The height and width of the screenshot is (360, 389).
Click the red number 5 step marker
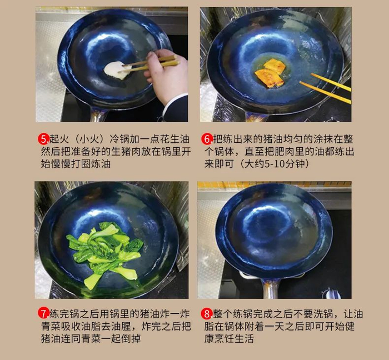43,139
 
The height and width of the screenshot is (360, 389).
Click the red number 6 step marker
206,139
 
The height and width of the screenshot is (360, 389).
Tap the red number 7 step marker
43,313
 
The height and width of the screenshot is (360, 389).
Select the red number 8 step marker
206,314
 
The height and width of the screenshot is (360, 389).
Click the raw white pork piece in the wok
116,71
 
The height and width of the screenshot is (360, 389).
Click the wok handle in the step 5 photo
99,114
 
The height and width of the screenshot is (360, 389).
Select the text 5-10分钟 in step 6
285,164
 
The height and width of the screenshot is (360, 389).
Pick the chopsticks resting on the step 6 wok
326,88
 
